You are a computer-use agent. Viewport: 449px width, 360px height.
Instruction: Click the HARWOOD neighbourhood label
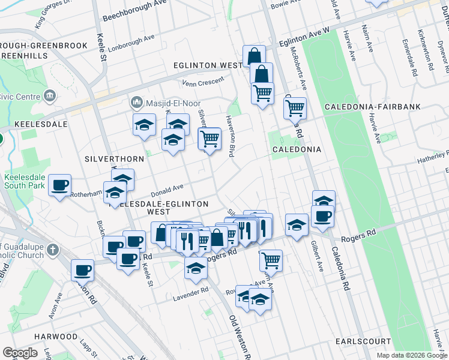tap(56, 337)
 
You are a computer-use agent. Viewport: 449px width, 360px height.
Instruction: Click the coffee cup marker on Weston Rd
tap(82, 271)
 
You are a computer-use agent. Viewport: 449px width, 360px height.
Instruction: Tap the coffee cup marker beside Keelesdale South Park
tap(59, 185)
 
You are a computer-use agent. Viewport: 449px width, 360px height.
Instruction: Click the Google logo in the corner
tap(20, 353)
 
